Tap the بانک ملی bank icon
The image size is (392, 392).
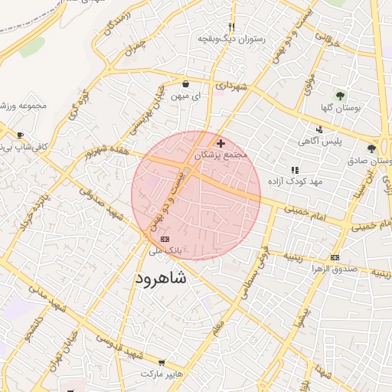click(x=165, y=240)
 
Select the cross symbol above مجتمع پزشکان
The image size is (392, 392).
click(x=221, y=143)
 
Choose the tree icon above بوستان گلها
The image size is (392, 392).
click(x=339, y=96)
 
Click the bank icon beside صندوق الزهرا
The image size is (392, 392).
click(x=335, y=257)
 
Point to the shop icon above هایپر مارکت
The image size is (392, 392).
click(x=162, y=361)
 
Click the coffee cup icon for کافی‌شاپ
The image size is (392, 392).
click(x=19, y=136)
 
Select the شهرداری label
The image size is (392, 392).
click(x=231, y=87)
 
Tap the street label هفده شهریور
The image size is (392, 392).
click(x=104, y=151)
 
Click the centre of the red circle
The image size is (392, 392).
click(x=196, y=195)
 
